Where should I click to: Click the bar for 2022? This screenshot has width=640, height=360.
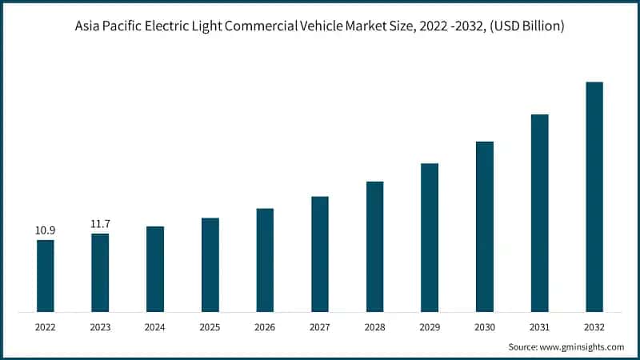point(46,276)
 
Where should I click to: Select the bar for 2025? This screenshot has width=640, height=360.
point(210,265)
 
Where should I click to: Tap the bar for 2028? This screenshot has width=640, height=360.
point(375,246)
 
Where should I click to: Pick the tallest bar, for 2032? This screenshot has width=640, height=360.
point(594,197)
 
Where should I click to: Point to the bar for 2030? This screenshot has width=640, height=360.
point(485,226)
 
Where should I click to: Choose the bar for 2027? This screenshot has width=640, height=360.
point(320,254)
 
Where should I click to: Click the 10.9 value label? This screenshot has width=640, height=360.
point(45,230)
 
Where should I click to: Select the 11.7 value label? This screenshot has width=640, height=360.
point(100,225)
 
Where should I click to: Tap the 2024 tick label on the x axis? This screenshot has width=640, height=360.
point(155,327)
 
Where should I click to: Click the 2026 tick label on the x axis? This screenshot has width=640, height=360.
point(265,327)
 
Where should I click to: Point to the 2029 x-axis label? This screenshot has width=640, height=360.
point(430,327)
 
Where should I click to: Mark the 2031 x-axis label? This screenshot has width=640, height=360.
point(540,327)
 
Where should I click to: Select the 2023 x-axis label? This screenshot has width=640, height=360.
point(100,327)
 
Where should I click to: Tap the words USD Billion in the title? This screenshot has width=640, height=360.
point(530,26)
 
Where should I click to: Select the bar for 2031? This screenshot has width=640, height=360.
point(540,213)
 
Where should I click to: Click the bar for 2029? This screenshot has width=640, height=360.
point(430,238)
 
